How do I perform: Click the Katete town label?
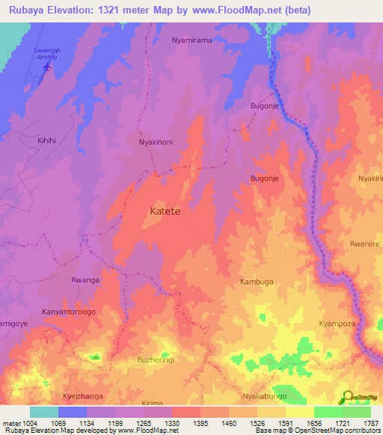(x=161, y=212)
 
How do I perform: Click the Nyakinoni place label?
(x=156, y=141)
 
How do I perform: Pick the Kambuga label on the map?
(x=257, y=282)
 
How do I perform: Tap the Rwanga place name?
(x=85, y=280)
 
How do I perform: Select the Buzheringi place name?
(x=156, y=360)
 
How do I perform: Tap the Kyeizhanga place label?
(x=83, y=395)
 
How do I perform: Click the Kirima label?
(x=152, y=402)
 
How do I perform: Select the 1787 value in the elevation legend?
(x=371, y=424)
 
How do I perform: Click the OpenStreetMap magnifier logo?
(x=347, y=396)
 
